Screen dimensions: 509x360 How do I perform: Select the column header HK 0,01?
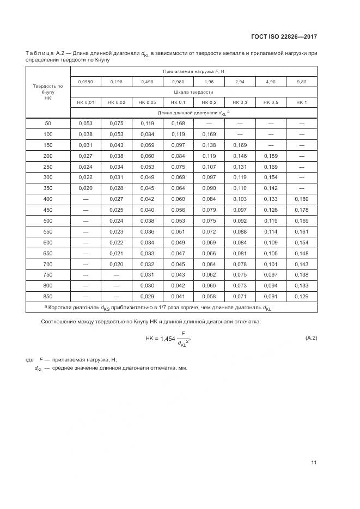pyautogui.click(x=86, y=102)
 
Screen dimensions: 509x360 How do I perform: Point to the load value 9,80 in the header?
pyautogui.click(x=302, y=82)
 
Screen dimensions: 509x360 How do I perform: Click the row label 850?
pyautogui.click(x=48, y=296)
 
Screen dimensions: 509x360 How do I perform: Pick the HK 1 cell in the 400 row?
pyautogui.click(x=302, y=199)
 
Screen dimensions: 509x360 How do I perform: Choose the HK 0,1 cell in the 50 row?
pyautogui.click(x=178, y=123)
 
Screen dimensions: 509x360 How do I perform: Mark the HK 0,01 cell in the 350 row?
pyautogui.click(x=86, y=188)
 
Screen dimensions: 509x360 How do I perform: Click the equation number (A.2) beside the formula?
pyautogui.click(x=311, y=338)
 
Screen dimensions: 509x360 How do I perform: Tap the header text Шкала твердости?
pyautogui.click(x=193, y=92)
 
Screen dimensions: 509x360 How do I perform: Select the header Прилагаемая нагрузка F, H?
pyautogui.click(x=193, y=71)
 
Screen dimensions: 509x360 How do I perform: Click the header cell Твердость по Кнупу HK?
pyautogui.click(x=48, y=91)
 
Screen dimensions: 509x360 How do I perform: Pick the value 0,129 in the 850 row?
pyautogui.click(x=302, y=296)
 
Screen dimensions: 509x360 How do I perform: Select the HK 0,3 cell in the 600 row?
pyautogui.click(x=240, y=242)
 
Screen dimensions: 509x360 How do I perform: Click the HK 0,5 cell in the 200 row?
pyautogui.click(x=271, y=156)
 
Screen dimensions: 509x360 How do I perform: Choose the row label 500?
pyautogui.click(x=48, y=220)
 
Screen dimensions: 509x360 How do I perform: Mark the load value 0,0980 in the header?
pyautogui.click(x=86, y=82)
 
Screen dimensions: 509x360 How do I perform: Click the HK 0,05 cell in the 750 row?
pyautogui.click(x=147, y=274)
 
